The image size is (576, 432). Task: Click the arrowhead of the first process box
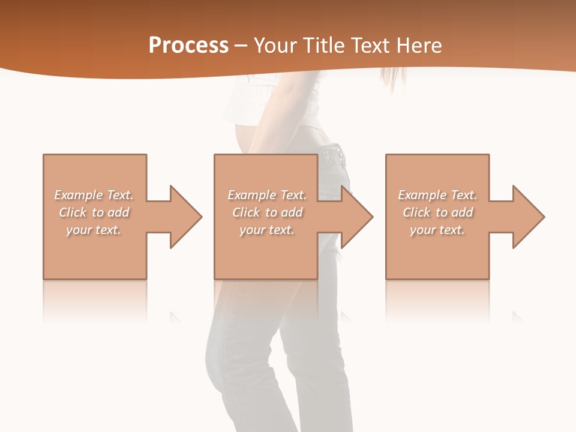tap(186, 217)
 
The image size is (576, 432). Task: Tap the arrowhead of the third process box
tap(529, 217)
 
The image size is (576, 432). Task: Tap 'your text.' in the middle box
tap(266, 230)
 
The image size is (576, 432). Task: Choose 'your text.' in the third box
tap(437, 230)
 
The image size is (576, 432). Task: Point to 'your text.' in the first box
tap(94, 230)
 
